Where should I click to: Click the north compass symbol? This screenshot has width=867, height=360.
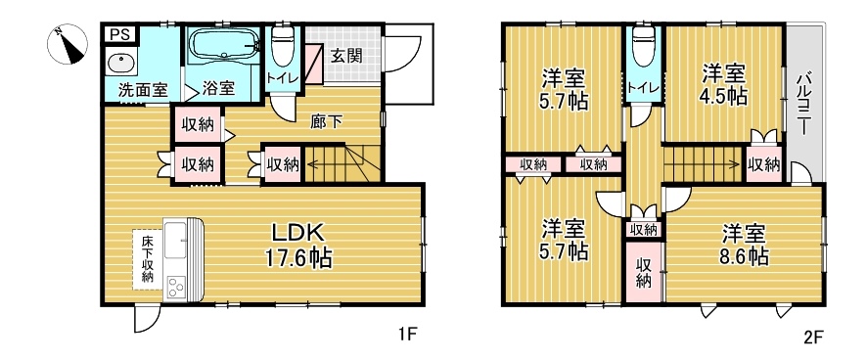pyautogui.click(x=67, y=44)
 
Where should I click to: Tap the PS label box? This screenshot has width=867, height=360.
pyautogui.click(x=119, y=34)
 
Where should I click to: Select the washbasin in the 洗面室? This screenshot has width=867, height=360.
pyautogui.click(x=120, y=63)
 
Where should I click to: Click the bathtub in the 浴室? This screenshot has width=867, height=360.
pyautogui.click(x=224, y=43)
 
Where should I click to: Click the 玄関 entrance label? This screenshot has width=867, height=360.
pyautogui.click(x=346, y=56)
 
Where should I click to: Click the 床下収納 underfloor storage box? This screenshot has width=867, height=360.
pyautogui.click(x=148, y=259)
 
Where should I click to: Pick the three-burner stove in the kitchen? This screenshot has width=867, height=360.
pyautogui.click(x=176, y=287)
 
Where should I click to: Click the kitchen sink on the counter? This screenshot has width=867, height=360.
pyautogui.click(x=176, y=240)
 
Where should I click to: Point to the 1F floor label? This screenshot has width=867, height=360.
pyautogui.click(x=408, y=334)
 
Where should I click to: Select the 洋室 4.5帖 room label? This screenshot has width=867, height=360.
pyautogui.click(x=724, y=84)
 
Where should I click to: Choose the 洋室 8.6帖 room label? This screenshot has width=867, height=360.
pyautogui.click(x=745, y=246)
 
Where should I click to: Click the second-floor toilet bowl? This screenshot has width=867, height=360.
pyautogui.click(x=644, y=45)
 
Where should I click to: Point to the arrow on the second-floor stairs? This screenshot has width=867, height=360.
pyautogui.click(x=704, y=163)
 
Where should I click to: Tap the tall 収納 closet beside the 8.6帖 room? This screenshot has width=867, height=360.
pyautogui.click(x=644, y=272)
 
